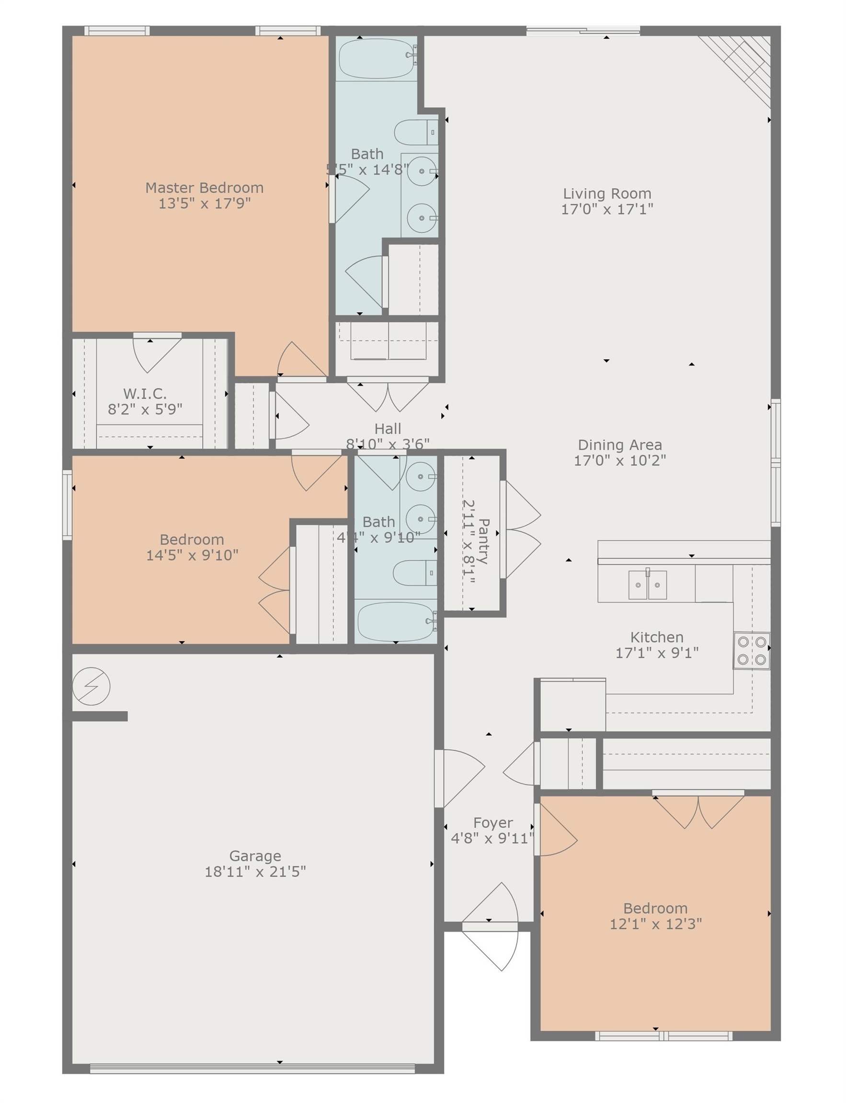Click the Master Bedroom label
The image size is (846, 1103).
pyautogui.click(x=204, y=188)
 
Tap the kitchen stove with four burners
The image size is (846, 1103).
pyautogui.click(x=751, y=650)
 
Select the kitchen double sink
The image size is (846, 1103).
pyautogui.click(x=647, y=585)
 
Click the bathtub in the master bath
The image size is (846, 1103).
pyautogui.click(x=377, y=58)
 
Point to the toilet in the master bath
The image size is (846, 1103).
pyautogui.click(x=415, y=132)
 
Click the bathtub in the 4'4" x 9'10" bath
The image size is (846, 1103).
pyautogui.click(x=395, y=621)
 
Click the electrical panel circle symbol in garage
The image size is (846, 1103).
pyautogui.click(x=91, y=686)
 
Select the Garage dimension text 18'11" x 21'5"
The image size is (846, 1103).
pyautogui.click(x=255, y=871)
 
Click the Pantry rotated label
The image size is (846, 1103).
pyautogui.click(x=483, y=541)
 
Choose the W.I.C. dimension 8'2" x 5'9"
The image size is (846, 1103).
pyautogui.click(x=145, y=409)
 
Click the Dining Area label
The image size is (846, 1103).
pyautogui.click(x=619, y=445)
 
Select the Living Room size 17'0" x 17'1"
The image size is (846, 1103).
pyautogui.click(x=607, y=209)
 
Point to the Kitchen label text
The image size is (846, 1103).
pyautogui.click(x=657, y=637)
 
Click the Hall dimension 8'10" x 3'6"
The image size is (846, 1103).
pyautogui.click(x=387, y=444)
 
